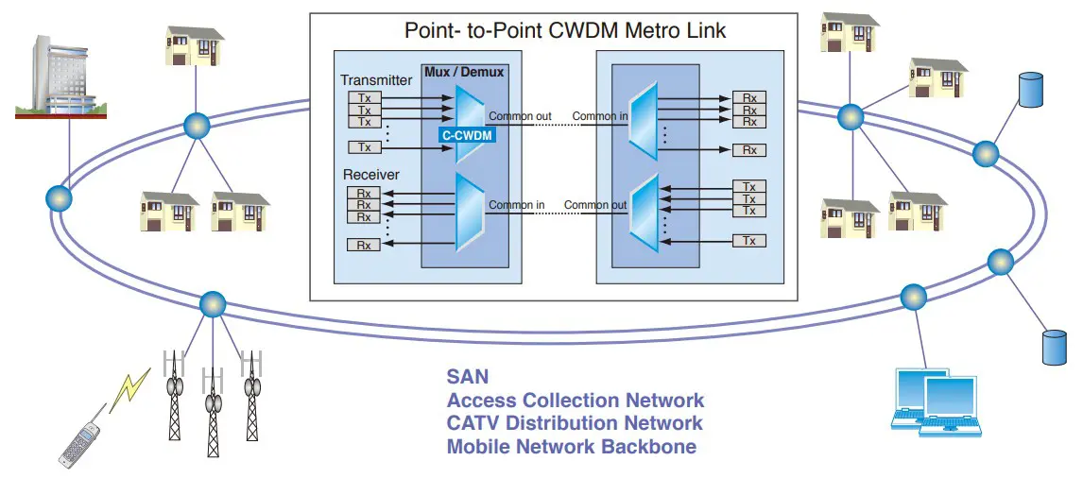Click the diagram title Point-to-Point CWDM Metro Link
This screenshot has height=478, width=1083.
tap(565, 30)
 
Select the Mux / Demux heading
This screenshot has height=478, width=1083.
tap(464, 71)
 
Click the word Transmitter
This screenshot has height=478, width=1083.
tap(376, 81)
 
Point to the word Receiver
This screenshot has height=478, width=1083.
tap(370, 175)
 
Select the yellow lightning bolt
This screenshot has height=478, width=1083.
tap(130, 389)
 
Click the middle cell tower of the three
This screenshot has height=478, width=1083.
tap(214, 410)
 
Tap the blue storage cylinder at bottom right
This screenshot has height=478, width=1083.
tap(1054, 347)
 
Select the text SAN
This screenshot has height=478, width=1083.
tap(468, 377)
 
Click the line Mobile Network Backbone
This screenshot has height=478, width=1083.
tap(571, 446)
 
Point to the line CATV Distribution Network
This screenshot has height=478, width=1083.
tap(575, 423)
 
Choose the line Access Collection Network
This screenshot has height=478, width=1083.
tap(575, 401)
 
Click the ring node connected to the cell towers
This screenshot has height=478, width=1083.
tap(212, 303)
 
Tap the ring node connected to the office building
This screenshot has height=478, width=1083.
tap(59, 198)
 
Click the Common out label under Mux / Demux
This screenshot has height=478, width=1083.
tap(520, 117)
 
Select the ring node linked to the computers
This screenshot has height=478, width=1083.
tap(912, 297)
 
